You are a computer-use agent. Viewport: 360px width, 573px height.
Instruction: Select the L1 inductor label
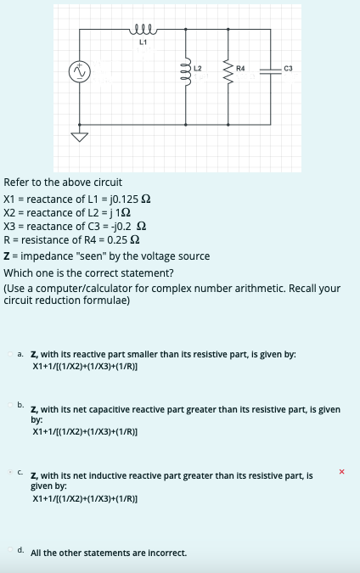[x=143, y=42]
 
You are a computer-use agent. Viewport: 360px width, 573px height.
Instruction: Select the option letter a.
[x=20, y=352]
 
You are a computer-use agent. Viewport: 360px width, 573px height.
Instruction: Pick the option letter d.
[x=20, y=550]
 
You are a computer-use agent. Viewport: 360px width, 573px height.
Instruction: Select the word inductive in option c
[x=117, y=476]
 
